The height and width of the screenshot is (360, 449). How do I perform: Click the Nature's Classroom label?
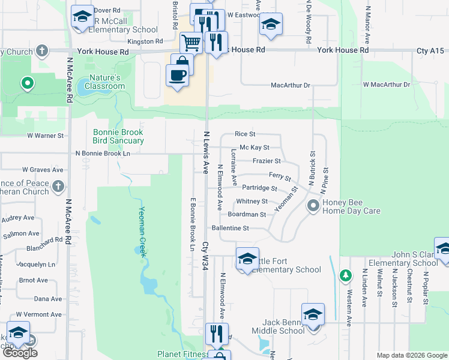[107, 82]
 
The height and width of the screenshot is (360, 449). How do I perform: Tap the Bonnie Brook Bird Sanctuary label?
[118, 136]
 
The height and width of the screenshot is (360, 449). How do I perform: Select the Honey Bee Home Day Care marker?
[313, 206]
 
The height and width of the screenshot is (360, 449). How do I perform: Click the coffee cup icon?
[176, 75]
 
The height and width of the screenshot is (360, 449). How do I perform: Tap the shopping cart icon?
[191, 43]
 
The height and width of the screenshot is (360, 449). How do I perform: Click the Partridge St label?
[259, 188]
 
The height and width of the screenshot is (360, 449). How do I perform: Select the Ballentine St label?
[230, 228]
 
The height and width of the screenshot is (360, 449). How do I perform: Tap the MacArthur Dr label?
[290, 85]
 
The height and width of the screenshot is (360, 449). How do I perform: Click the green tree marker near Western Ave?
[345, 275]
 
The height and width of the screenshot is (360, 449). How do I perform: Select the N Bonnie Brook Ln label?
[103, 153]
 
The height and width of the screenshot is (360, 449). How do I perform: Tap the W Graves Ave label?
[43, 170]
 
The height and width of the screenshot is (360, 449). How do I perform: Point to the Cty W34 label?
[205, 254]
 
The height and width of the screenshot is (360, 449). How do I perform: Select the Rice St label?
[245, 134]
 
